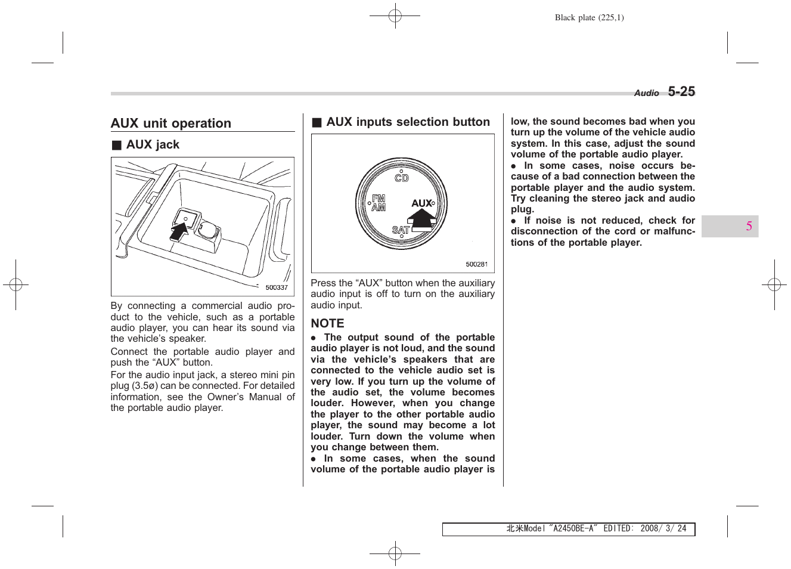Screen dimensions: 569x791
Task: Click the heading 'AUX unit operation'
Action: click(x=171, y=123)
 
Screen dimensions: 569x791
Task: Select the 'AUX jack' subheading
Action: click(x=153, y=145)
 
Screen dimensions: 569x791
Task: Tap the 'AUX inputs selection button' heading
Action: click(x=408, y=122)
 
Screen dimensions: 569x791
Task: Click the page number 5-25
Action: click(x=681, y=92)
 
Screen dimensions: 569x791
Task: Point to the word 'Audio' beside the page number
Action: click(x=646, y=93)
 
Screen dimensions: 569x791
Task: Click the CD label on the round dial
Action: click(x=402, y=178)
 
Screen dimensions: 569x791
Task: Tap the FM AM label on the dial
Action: click(x=379, y=203)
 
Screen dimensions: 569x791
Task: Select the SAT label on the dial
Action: click(x=401, y=230)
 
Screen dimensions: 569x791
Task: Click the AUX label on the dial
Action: click(x=421, y=203)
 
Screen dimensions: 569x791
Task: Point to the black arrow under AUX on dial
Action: click(x=423, y=218)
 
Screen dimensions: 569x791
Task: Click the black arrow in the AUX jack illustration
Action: click(x=179, y=231)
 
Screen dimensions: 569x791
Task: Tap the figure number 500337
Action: click(x=277, y=287)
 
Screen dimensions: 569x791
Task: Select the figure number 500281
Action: click(x=476, y=264)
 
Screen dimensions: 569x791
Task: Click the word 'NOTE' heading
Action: click(x=327, y=323)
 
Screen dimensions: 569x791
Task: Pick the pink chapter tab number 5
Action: click(x=749, y=226)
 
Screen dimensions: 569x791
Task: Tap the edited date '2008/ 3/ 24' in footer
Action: click(x=663, y=528)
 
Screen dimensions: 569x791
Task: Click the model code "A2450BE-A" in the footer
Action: click(x=572, y=528)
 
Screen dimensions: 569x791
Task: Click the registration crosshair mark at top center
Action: click(x=395, y=16)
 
